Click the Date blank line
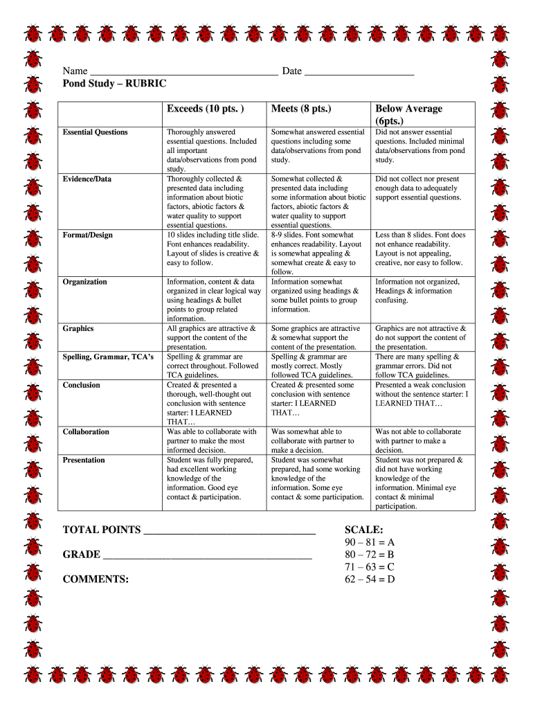pos(359,72)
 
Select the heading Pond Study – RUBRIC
pos(114,83)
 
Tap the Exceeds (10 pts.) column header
pos(206,109)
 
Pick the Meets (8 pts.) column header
pos(301,109)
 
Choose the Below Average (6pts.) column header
pos(408,114)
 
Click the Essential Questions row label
pos(95,132)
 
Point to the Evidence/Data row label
pos(87,179)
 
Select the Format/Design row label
pos(88,235)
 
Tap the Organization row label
pos(84,282)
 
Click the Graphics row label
pos(78,329)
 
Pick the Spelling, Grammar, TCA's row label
pos(108,357)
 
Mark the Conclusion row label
pos(82,385)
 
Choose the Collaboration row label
pos(86,432)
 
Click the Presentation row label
pos(84,460)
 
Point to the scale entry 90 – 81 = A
pos(370,542)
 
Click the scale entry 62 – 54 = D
pos(370,579)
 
